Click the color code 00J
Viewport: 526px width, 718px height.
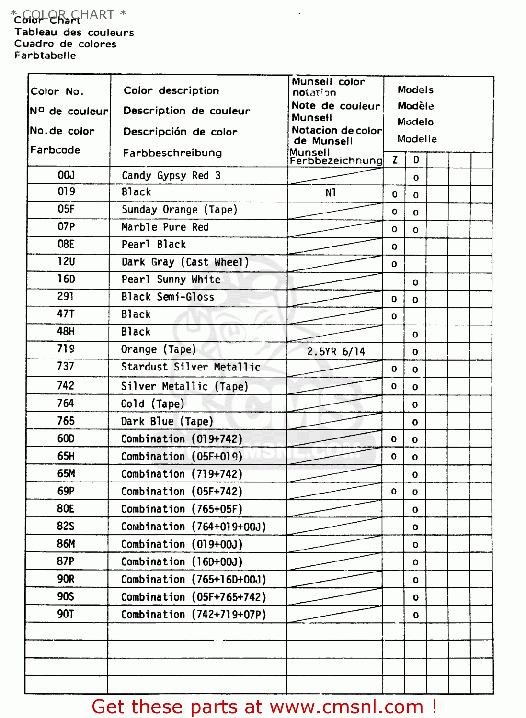pos(66,175)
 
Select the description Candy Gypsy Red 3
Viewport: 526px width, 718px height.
pos(171,175)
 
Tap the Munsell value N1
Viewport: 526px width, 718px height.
pos(331,192)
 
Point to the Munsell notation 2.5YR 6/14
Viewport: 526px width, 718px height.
pos(336,351)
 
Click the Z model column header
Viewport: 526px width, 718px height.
pos(395,160)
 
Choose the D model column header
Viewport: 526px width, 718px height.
pos(416,160)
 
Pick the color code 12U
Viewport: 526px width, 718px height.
pos(66,262)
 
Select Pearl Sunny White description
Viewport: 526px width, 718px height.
pos(171,280)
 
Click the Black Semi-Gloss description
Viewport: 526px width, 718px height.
pos(168,297)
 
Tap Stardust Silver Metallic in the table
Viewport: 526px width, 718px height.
pos(191,367)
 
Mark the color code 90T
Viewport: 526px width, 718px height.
pos(66,614)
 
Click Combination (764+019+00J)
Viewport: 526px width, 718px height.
pos(194,527)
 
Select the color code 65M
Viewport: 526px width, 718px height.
pos(66,474)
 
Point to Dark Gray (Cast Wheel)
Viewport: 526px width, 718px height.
pos(185,262)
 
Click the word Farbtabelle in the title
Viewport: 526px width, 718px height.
pos(45,56)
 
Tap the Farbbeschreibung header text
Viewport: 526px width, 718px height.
pos(172,153)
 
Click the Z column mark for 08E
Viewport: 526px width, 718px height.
pos(394,247)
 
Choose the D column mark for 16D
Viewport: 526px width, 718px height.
pos(415,282)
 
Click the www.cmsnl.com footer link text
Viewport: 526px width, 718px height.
pos(346,707)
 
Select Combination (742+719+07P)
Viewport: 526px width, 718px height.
pos(194,615)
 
